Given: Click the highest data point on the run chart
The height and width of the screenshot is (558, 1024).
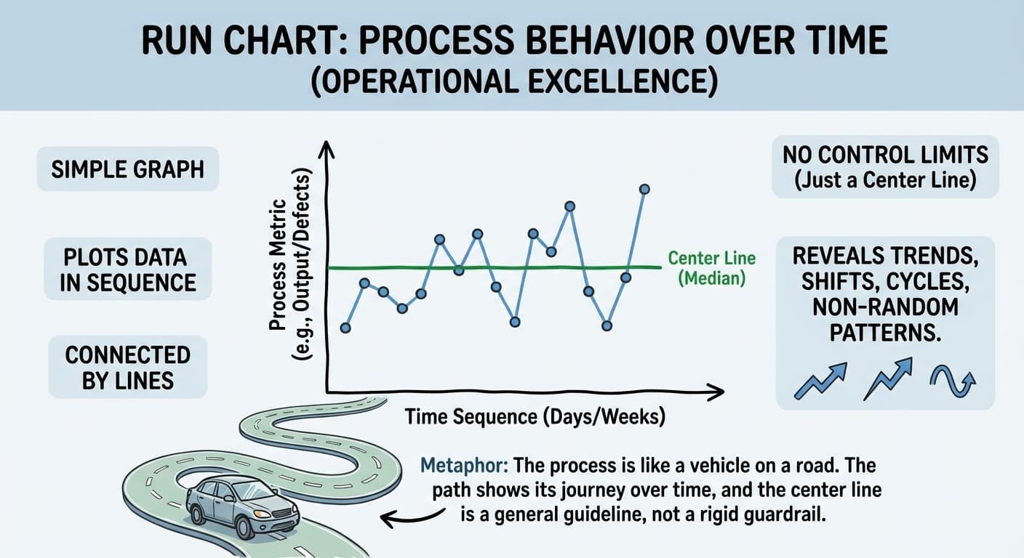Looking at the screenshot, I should click(644, 189).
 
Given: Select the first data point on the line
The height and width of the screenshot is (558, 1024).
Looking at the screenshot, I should click(345, 328).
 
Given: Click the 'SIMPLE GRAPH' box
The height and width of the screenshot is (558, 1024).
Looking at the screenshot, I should click(127, 170).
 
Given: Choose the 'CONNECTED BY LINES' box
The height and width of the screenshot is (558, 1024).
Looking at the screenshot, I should click(127, 367).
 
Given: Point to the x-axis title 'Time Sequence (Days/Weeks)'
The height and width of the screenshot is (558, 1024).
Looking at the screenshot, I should click(535, 417).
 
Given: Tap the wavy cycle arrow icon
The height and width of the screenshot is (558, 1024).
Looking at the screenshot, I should click(952, 381).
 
